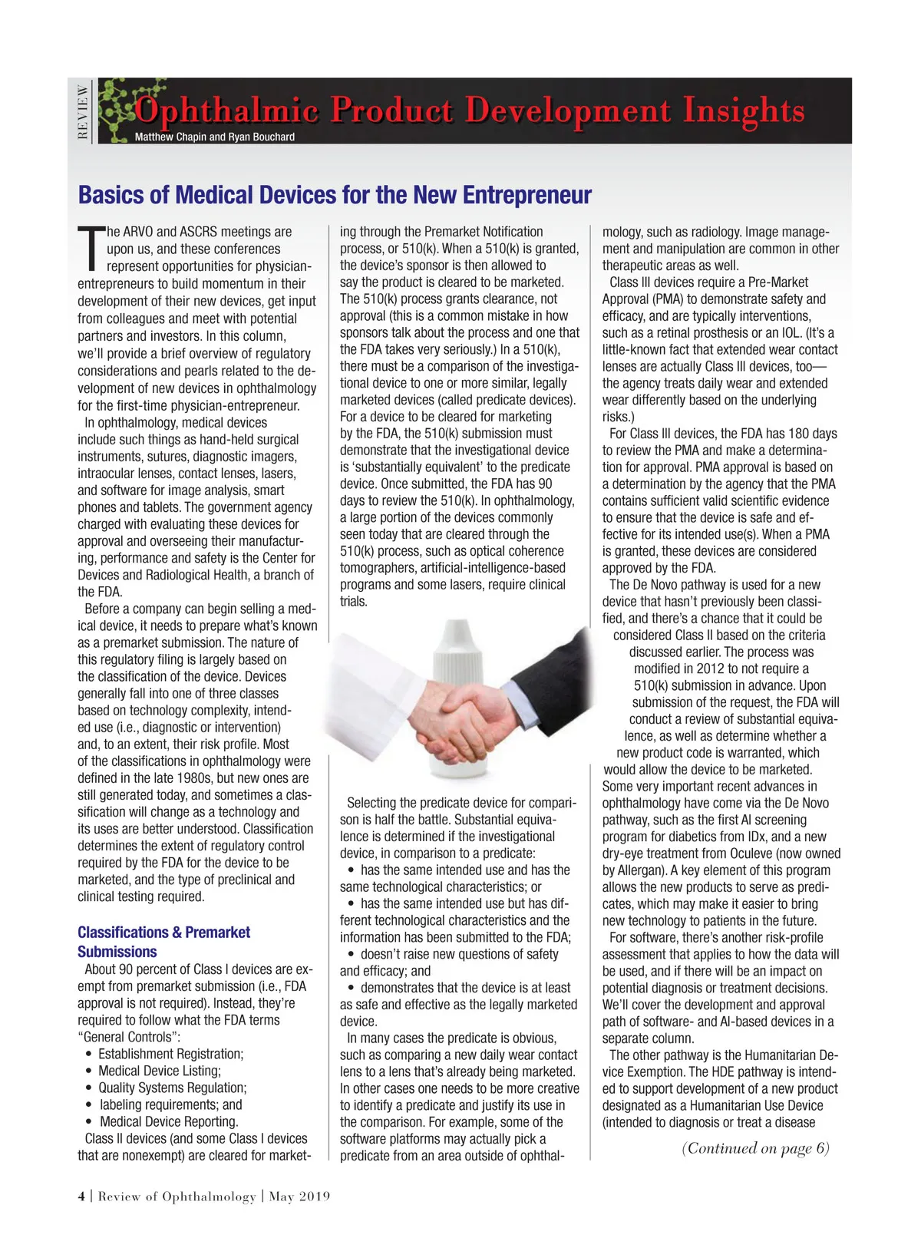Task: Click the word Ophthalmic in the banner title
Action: click(x=227, y=111)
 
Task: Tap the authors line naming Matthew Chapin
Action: click(x=215, y=137)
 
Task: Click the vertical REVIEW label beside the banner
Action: click(x=83, y=111)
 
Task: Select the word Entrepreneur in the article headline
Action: click(x=527, y=195)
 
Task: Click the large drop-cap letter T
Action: click(x=90, y=249)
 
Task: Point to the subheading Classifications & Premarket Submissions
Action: click(x=163, y=942)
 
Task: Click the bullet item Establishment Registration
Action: click(x=170, y=1054)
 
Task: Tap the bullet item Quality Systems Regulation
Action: click(x=172, y=1088)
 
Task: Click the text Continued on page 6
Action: click(x=755, y=1148)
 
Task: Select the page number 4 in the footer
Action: click(x=81, y=1197)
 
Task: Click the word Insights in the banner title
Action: click(x=744, y=111)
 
